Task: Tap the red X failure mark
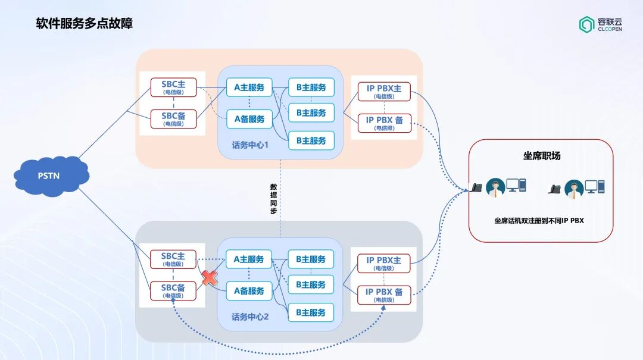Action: (x=209, y=278)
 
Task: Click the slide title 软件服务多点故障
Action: (x=84, y=24)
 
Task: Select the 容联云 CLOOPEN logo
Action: (x=600, y=24)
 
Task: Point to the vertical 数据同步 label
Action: (x=273, y=199)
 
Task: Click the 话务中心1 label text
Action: (x=250, y=145)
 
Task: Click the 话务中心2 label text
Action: (x=250, y=317)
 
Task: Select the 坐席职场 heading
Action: (x=541, y=156)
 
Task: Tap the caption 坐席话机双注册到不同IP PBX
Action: (x=539, y=220)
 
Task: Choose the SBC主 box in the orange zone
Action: (x=173, y=87)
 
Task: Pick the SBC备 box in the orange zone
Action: (x=173, y=118)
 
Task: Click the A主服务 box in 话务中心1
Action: (x=249, y=87)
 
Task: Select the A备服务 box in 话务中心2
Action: (x=249, y=291)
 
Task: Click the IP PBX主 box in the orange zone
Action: (x=384, y=92)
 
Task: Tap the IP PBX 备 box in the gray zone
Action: (x=384, y=295)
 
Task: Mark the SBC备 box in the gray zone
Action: (x=173, y=290)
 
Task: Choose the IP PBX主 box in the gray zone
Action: (x=384, y=263)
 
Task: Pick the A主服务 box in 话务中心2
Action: (x=249, y=259)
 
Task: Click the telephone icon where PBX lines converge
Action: (x=477, y=187)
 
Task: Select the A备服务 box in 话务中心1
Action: (x=249, y=119)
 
